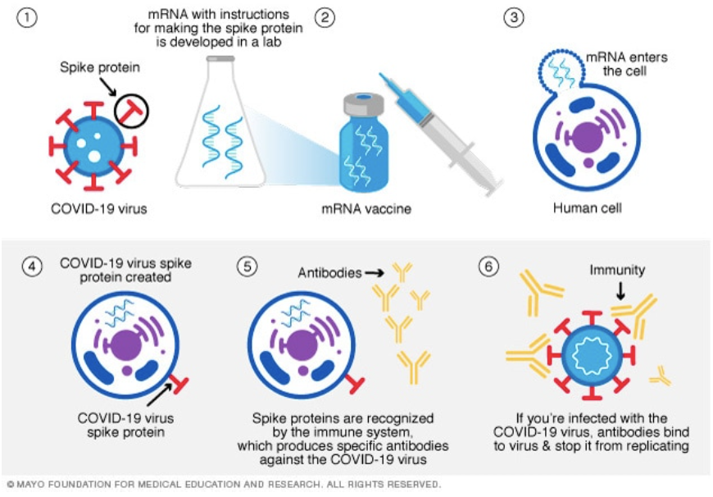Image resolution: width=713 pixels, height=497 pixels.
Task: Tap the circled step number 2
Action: [325, 18]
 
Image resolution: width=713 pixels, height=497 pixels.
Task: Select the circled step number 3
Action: [514, 18]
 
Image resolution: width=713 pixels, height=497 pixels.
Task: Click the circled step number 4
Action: [32, 268]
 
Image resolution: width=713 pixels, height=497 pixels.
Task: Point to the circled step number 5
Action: [246, 268]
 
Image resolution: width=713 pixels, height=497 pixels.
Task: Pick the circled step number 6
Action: [488, 268]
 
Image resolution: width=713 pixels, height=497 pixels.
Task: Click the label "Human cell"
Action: [587, 207]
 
